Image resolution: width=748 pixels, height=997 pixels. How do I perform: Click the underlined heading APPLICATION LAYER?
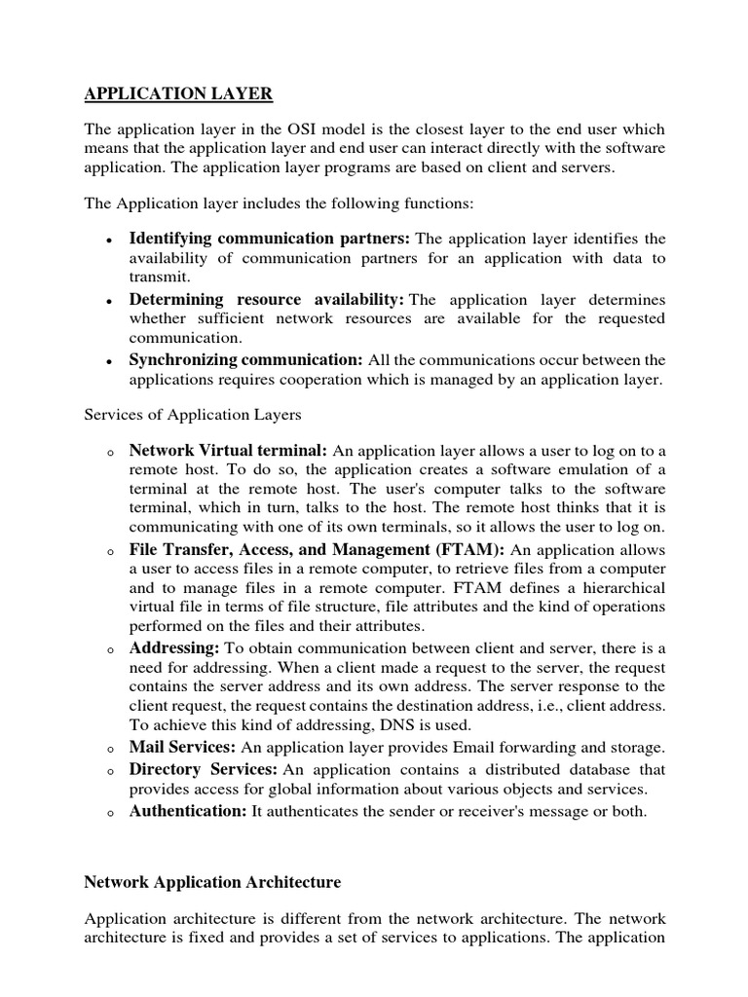point(179,93)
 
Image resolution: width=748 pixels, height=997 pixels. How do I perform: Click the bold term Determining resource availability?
point(266,299)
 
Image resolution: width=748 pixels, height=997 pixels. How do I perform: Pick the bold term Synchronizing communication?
point(245,360)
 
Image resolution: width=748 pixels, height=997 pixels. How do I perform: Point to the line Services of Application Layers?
point(193,415)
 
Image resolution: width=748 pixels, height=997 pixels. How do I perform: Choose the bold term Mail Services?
point(182,747)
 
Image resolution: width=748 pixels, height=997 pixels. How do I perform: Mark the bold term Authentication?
point(188,811)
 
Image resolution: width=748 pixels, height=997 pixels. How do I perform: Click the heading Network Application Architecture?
point(212,882)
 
